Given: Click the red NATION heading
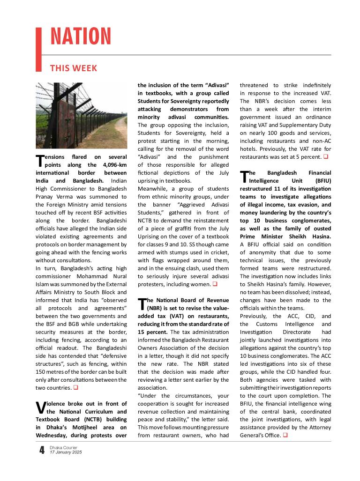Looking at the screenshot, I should [81, 37].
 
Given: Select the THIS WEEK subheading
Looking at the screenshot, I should [74, 68].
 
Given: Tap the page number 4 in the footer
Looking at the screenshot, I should [41, 451].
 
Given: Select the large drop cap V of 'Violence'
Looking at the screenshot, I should [40, 407].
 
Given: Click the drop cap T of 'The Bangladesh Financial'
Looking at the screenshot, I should [244, 177].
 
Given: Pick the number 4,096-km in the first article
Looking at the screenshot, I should [114, 165].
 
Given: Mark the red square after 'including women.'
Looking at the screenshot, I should [215, 284].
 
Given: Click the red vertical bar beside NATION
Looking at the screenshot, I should [39, 49].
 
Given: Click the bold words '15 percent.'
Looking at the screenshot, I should [150, 332].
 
